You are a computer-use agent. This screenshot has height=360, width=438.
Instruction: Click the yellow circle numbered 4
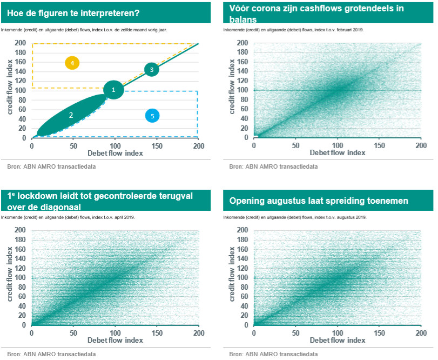click(x=72, y=63)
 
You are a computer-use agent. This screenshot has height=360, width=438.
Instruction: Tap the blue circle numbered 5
click(x=152, y=115)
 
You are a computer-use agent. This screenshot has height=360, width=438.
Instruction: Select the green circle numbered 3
click(x=152, y=70)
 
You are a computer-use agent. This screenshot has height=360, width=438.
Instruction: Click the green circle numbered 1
click(x=113, y=90)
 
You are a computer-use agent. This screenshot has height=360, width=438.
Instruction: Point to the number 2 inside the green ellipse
click(x=71, y=115)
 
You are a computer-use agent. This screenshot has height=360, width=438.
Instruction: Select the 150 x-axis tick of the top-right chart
click(x=379, y=146)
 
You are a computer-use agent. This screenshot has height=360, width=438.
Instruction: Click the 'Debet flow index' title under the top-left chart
click(x=115, y=153)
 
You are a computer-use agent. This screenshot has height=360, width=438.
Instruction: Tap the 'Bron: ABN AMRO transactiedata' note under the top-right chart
click(x=273, y=167)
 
